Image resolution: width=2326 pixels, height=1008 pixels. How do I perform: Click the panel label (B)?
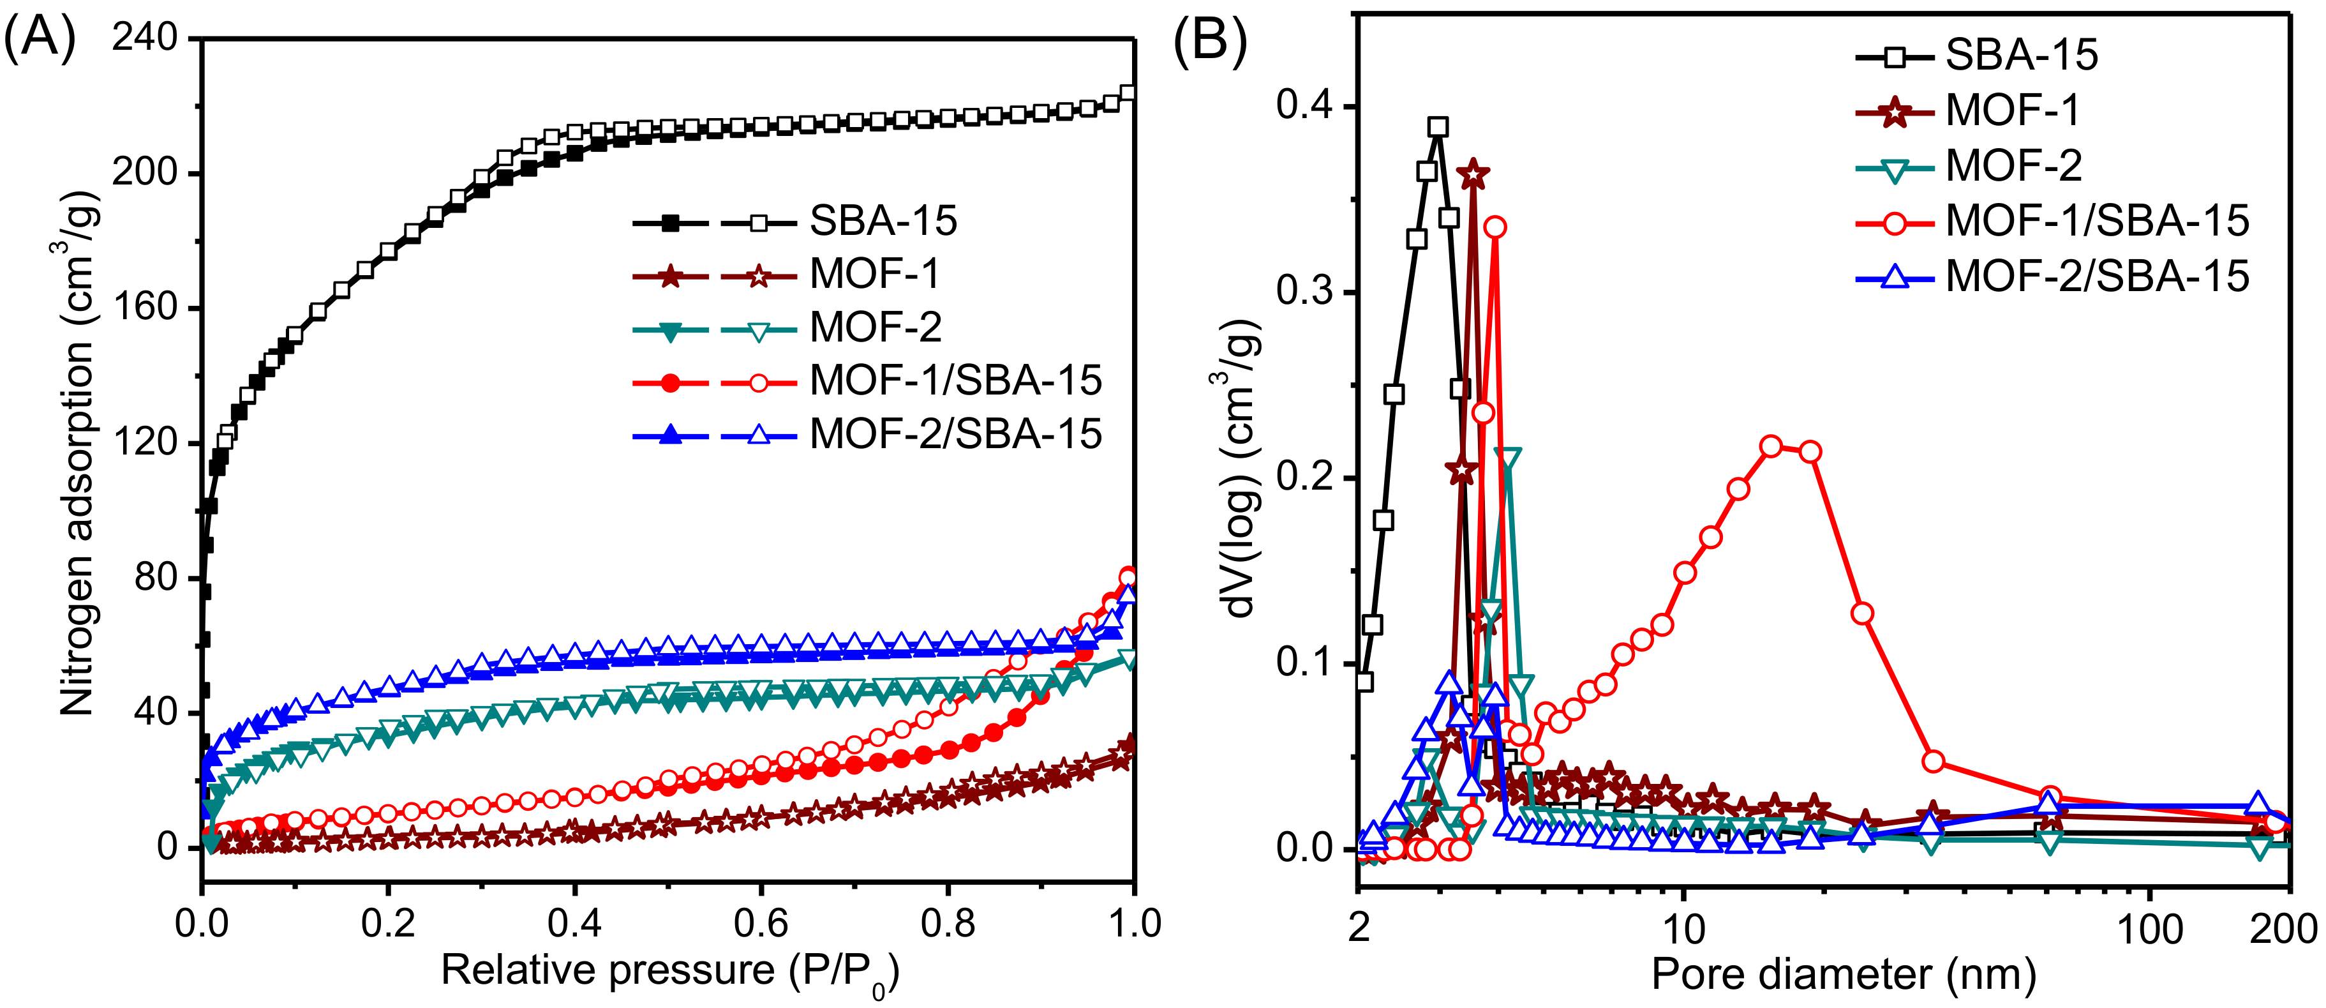click(1210, 41)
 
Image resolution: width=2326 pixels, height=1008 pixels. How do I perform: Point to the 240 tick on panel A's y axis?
click(144, 38)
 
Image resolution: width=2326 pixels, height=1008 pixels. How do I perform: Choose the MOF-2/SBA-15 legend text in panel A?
click(955, 435)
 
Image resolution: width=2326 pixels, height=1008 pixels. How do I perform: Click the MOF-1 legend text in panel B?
click(2013, 111)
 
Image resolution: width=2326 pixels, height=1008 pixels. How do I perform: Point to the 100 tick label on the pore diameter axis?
click(2150, 928)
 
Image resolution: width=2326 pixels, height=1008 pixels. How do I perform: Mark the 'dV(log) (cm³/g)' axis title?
click(1245, 470)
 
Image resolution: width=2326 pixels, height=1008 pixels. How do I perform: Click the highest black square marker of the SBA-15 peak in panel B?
click(1438, 127)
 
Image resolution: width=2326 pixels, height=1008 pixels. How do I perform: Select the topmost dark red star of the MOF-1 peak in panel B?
click(1473, 174)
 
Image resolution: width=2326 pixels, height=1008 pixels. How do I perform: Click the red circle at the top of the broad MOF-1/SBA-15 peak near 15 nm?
click(1771, 446)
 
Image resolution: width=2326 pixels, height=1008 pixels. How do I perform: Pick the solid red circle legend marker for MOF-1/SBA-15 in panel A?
click(670, 383)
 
